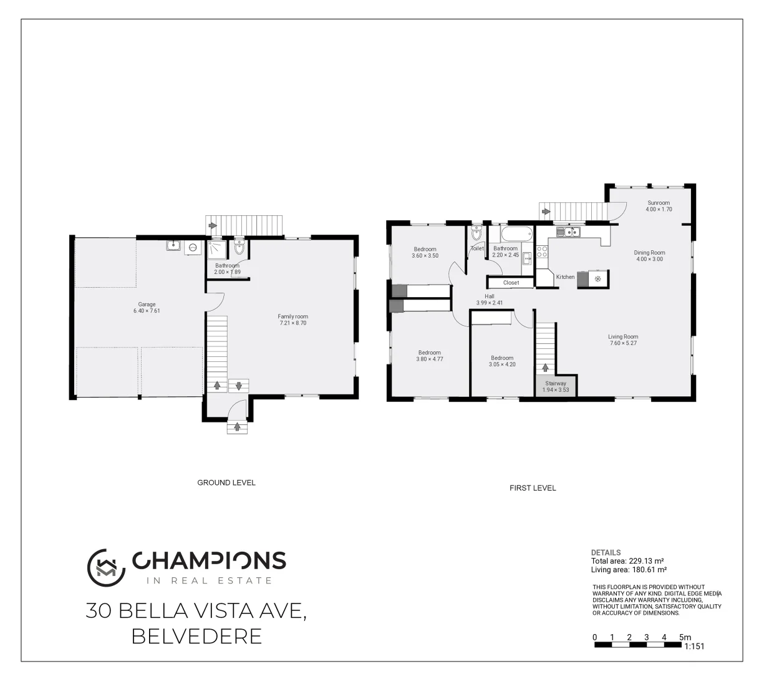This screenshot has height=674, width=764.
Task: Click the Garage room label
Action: tap(147, 305)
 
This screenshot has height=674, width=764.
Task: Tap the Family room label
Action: tap(293, 316)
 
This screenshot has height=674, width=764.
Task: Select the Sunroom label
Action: tap(658, 203)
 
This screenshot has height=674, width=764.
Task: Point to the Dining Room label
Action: tap(649, 253)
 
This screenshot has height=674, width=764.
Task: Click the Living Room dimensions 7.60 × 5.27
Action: tap(623, 343)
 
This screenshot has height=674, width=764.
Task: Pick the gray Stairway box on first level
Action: tap(556, 386)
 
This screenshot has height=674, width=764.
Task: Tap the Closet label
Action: tap(511, 283)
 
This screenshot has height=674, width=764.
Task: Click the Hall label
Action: tap(490, 296)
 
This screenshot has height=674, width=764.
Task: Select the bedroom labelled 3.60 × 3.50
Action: tap(425, 252)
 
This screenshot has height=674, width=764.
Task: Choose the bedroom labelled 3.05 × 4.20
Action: tap(502, 361)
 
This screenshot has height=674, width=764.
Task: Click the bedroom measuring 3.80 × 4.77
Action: tap(429, 356)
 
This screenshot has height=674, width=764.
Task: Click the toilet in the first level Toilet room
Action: tap(477, 234)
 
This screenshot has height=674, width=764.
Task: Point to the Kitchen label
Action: tap(565, 277)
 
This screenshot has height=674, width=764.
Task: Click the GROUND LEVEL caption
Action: tap(226, 482)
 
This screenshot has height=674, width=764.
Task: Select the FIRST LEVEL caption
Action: tap(533, 488)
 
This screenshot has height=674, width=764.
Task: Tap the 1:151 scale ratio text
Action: tap(694, 647)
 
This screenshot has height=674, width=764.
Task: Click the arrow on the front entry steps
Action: tap(237, 427)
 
